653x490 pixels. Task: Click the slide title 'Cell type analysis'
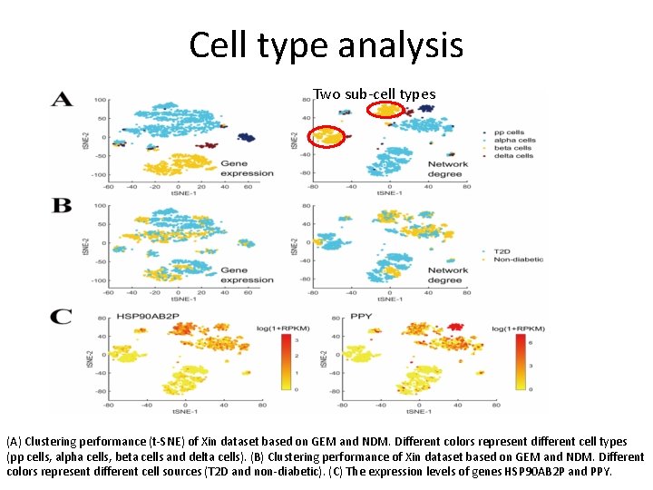pos(326,44)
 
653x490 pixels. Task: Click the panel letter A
pos(62,99)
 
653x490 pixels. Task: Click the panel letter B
pos(62,206)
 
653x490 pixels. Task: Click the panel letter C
pos(62,317)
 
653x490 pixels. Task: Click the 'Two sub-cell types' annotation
pos(374,94)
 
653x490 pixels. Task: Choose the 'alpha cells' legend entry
pos(512,141)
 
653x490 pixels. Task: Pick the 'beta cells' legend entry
pos(512,148)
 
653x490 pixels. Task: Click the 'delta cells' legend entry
pos(512,156)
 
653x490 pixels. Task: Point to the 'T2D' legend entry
pos(502,250)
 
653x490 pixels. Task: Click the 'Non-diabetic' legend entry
pos(517,259)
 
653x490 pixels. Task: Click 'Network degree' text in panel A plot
pos(447,170)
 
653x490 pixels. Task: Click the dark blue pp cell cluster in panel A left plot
pos(244,137)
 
